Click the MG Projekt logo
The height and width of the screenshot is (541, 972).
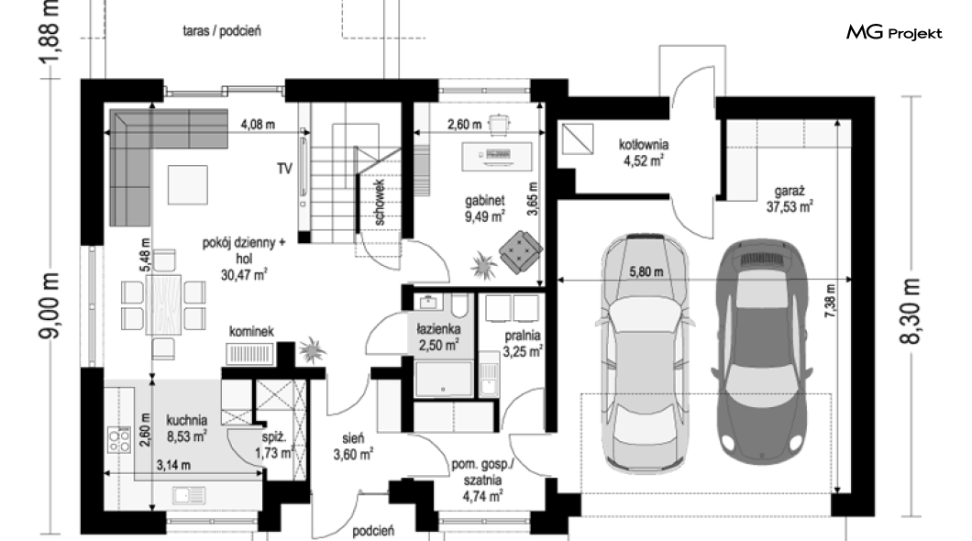(x=894, y=32)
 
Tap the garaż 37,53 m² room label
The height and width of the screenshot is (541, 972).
(x=790, y=199)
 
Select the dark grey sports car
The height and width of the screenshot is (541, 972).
(x=762, y=351)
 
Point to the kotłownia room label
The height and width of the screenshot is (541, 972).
(x=644, y=152)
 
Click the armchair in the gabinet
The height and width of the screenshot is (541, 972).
(x=521, y=251)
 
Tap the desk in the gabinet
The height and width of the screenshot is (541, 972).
(x=496, y=156)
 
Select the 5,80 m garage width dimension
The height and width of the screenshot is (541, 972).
(x=646, y=271)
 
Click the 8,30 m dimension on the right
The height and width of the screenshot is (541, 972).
(x=911, y=310)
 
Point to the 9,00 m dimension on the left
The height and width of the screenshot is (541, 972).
(x=50, y=305)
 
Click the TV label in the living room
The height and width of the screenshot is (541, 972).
(x=284, y=169)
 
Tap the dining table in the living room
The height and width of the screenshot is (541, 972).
(x=163, y=305)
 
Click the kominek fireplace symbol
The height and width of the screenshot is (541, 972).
(x=249, y=354)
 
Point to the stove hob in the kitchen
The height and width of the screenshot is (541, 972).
(x=119, y=439)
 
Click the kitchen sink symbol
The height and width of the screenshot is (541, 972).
(x=189, y=496)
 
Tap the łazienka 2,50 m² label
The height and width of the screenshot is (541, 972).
(x=438, y=337)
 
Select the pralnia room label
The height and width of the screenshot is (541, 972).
(x=523, y=344)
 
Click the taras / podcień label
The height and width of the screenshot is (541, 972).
(x=222, y=30)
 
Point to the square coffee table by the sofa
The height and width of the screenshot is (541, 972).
(x=187, y=184)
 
